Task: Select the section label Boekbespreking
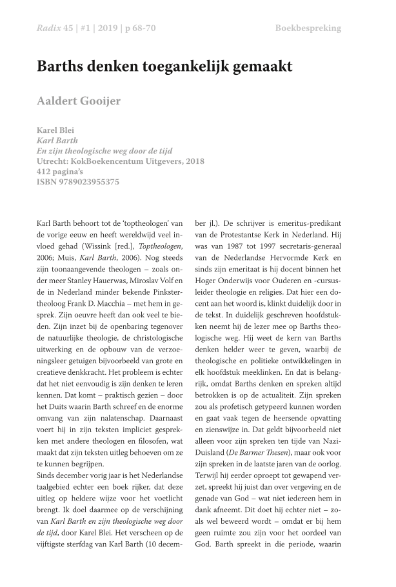pyautogui.click(x=308, y=28)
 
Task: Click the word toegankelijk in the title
pyautogui.click(x=174, y=66)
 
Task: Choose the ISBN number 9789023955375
pyautogui.click(x=90, y=182)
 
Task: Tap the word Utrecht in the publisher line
pyautogui.click(x=54, y=161)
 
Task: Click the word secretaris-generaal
pyautogui.click(x=314, y=248)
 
